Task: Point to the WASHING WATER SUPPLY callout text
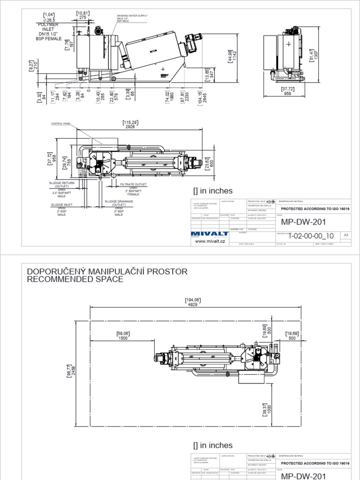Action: pyautogui.click(x=132, y=15)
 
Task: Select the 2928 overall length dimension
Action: pyautogui.click(x=130, y=127)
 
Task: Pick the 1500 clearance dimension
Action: pyautogui.click(x=123, y=338)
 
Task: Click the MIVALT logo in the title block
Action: pyautogui.click(x=209, y=233)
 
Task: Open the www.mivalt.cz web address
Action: pyautogui.click(x=210, y=241)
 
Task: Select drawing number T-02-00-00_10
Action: pyautogui.click(x=311, y=236)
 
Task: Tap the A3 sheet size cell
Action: pyautogui.click(x=346, y=235)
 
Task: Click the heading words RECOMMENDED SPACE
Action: pyautogui.click(x=75, y=279)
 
